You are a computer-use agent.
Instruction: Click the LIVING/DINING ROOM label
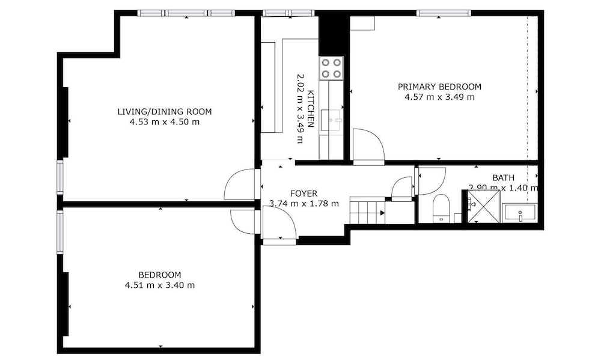(x=165, y=112)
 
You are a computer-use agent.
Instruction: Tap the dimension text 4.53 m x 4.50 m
(x=165, y=122)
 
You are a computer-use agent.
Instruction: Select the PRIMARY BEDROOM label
(x=439, y=87)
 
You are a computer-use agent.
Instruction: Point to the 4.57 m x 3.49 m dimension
(x=440, y=97)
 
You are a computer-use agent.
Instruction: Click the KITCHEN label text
(x=311, y=109)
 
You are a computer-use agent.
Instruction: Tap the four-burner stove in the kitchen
(x=331, y=69)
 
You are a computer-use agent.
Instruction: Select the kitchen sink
(x=331, y=120)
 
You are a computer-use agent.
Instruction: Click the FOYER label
(x=304, y=194)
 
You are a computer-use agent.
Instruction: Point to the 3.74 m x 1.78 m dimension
(x=304, y=204)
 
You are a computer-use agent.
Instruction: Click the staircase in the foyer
(x=368, y=210)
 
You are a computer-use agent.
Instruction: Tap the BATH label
(x=503, y=178)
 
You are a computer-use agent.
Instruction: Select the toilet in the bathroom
(x=441, y=208)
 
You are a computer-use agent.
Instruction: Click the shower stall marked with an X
(x=484, y=206)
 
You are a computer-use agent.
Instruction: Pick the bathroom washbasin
(x=520, y=213)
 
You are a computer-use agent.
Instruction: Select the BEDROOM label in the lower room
(x=160, y=275)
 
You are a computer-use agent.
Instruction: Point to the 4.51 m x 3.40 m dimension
(x=160, y=285)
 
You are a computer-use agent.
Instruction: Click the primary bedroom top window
(x=444, y=13)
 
